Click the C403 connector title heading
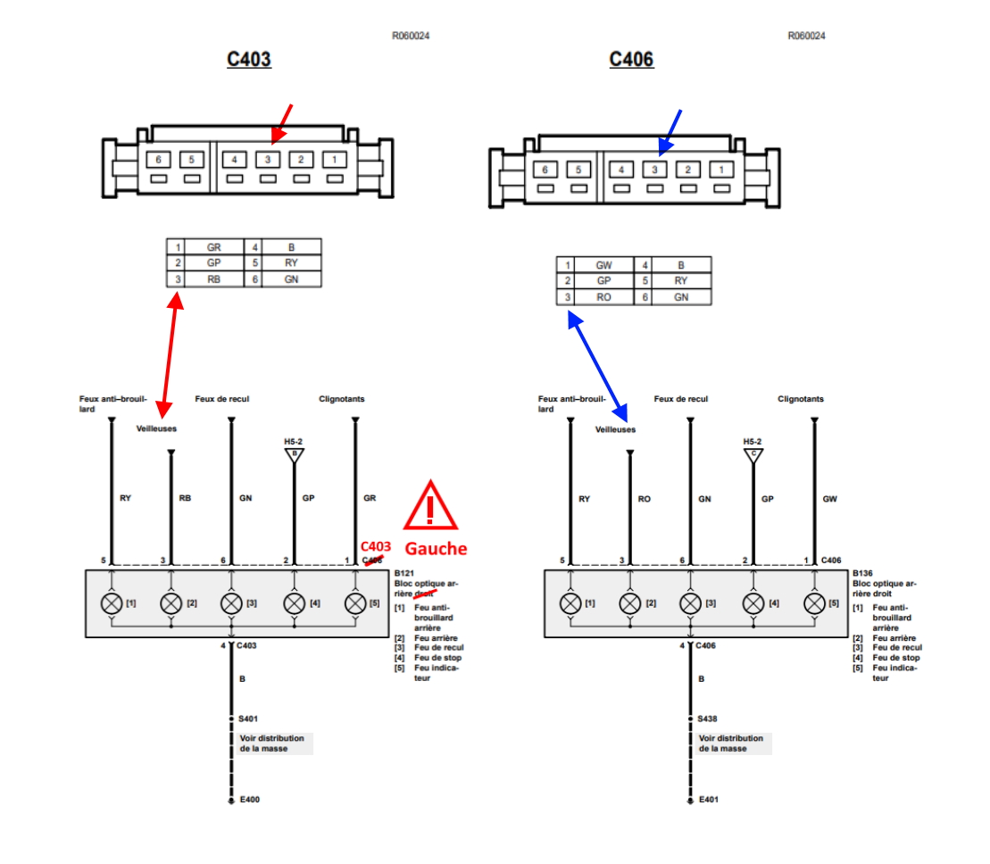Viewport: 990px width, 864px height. (249, 60)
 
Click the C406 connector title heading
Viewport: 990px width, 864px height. (631, 60)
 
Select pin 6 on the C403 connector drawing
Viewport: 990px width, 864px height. (158, 160)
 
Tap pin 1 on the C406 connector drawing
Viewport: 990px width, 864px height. (720, 170)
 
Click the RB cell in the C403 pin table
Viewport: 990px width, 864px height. (213, 278)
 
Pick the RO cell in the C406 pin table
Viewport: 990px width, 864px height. (604, 297)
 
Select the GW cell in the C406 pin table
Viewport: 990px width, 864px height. (604, 265)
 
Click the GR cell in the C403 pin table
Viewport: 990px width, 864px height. (213, 246)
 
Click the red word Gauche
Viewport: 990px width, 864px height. (436, 548)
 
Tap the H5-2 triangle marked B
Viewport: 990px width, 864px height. (295, 453)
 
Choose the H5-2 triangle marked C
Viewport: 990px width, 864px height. (753, 453)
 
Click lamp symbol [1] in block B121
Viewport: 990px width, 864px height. (112, 603)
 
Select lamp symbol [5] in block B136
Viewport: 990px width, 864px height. (814, 603)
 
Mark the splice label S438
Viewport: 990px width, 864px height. (708, 718)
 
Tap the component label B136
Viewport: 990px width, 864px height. (862, 573)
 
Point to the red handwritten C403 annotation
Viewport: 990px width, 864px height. (376, 546)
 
